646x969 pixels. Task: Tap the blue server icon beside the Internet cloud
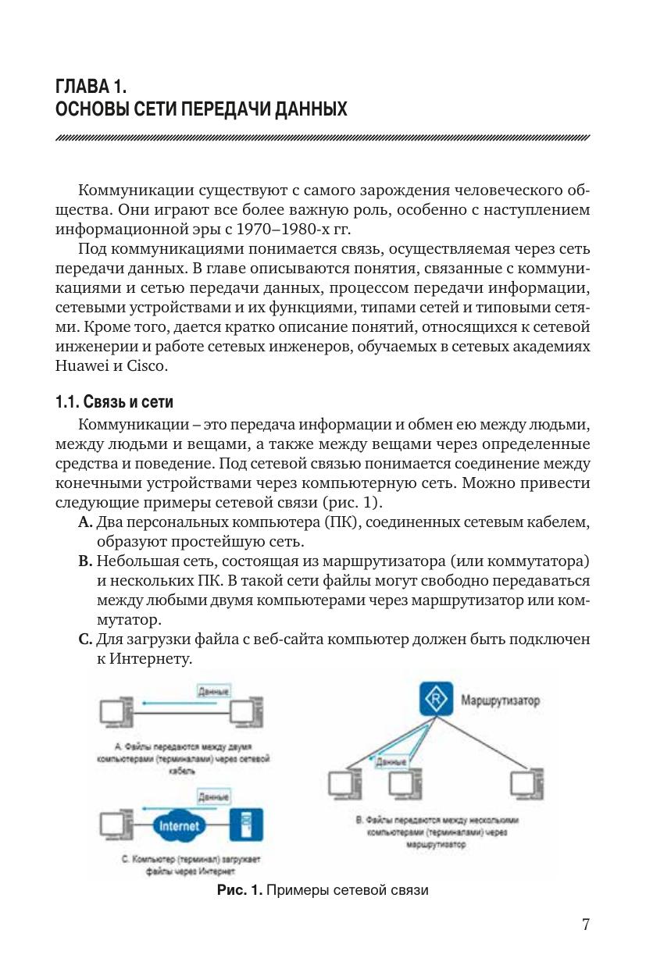pyautogui.click(x=246, y=824)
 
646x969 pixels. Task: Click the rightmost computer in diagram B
pyautogui.click(x=526, y=784)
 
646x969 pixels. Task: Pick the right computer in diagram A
pyautogui.click(x=247, y=712)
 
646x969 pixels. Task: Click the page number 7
pyautogui.click(x=585, y=925)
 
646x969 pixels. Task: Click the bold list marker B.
pyautogui.click(x=85, y=562)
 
